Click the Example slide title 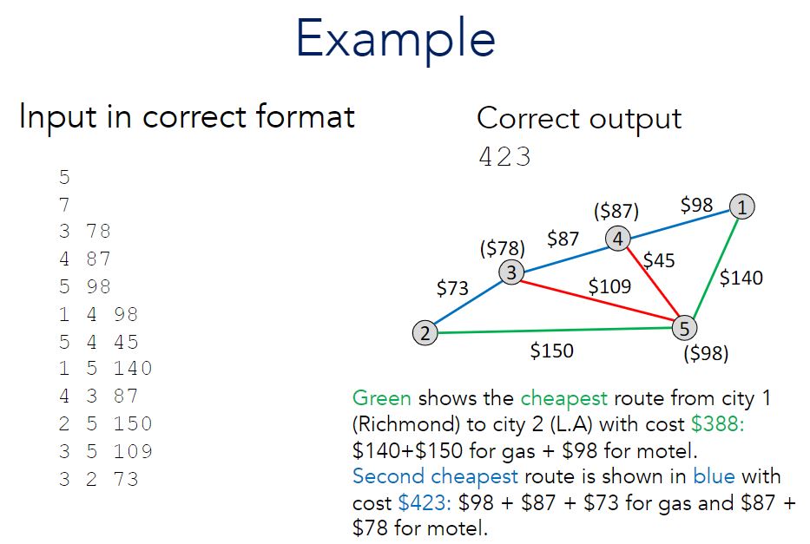click(396, 38)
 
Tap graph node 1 click(742, 206)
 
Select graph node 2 click(424, 332)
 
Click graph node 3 click(511, 273)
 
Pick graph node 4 click(617, 239)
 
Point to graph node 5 click(684, 328)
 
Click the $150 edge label click(551, 351)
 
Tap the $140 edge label click(741, 278)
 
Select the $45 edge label click(659, 259)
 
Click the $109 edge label click(609, 286)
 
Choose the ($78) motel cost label click(502, 248)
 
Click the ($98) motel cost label click(706, 354)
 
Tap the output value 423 click(504, 157)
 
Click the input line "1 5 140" click(105, 368)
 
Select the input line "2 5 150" click(105, 423)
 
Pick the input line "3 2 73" click(98, 479)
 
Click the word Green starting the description click(382, 399)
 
